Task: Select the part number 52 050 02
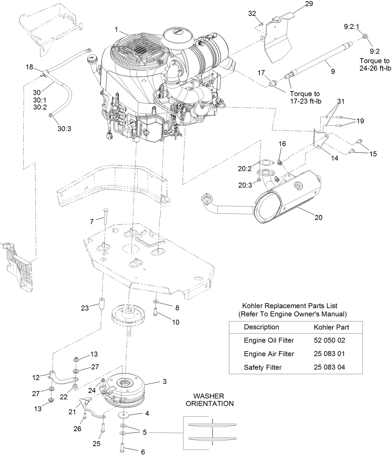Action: click(329, 340)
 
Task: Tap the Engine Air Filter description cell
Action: click(269, 354)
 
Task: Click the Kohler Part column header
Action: click(331, 327)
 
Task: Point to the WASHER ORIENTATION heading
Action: click(213, 400)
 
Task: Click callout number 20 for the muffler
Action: click(318, 217)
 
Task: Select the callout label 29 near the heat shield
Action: click(309, 4)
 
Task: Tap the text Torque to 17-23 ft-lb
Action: click(305, 97)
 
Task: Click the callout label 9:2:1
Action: click(351, 27)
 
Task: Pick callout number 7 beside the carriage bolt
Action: click(92, 222)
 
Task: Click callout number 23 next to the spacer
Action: click(85, 308)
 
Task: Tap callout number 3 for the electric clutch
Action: click(165, 381)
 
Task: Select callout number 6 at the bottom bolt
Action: click(143, 452)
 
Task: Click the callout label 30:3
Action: click(64, 128)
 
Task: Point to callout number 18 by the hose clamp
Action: click(29, 67)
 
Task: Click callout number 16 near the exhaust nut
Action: click(282, 144)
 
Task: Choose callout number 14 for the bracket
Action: click(334, 158)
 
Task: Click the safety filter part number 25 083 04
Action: click(329, 367)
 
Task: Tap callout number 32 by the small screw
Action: click(252, 13)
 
